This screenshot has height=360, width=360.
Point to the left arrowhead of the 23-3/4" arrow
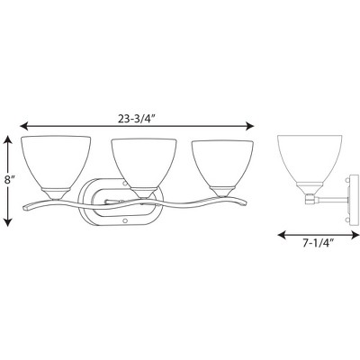coord(24,126)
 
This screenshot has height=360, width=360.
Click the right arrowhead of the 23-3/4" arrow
coord(249,126)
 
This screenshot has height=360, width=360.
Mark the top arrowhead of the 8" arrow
coord(8,139)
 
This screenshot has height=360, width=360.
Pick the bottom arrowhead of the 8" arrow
coord(8,222)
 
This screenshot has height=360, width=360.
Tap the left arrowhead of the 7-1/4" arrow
coord(283,235)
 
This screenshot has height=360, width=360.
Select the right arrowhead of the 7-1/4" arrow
coord(355,235)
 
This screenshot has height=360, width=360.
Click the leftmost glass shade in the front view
coord(56,162)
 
